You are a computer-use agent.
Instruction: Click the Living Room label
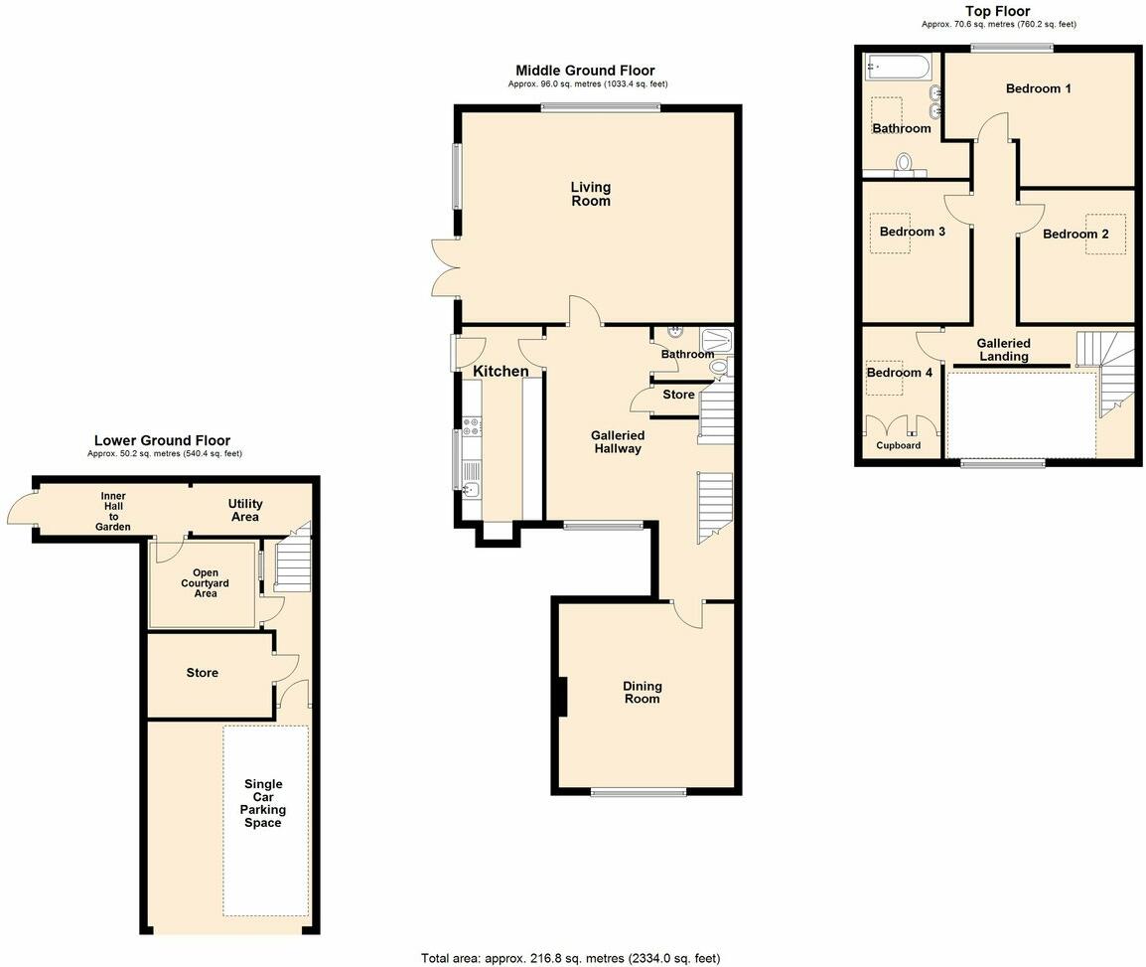(590, 194)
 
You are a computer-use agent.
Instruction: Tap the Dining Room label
(642, 693)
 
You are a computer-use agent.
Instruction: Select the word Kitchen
(501, 371)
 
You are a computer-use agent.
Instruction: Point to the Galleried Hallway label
(618, 442)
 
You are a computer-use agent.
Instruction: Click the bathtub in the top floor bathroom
(897, 68)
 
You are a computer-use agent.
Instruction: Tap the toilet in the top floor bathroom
(905, 162)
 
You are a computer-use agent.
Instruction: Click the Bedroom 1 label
(1038, 88)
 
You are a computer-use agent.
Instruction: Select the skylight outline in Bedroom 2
(1106, 235)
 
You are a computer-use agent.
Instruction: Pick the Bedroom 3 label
(912, 232)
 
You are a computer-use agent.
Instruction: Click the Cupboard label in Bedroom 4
(898, 445)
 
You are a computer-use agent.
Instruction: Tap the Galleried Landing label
(1003, 350)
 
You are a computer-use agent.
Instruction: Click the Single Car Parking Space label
(263, 803)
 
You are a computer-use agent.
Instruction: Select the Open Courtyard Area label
(205, 583)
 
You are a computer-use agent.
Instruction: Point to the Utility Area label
(244, 511)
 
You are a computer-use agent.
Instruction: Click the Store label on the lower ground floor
(202, 673)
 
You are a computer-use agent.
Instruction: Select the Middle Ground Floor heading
(585, 71)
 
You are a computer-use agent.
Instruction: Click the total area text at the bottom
(570, 958)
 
